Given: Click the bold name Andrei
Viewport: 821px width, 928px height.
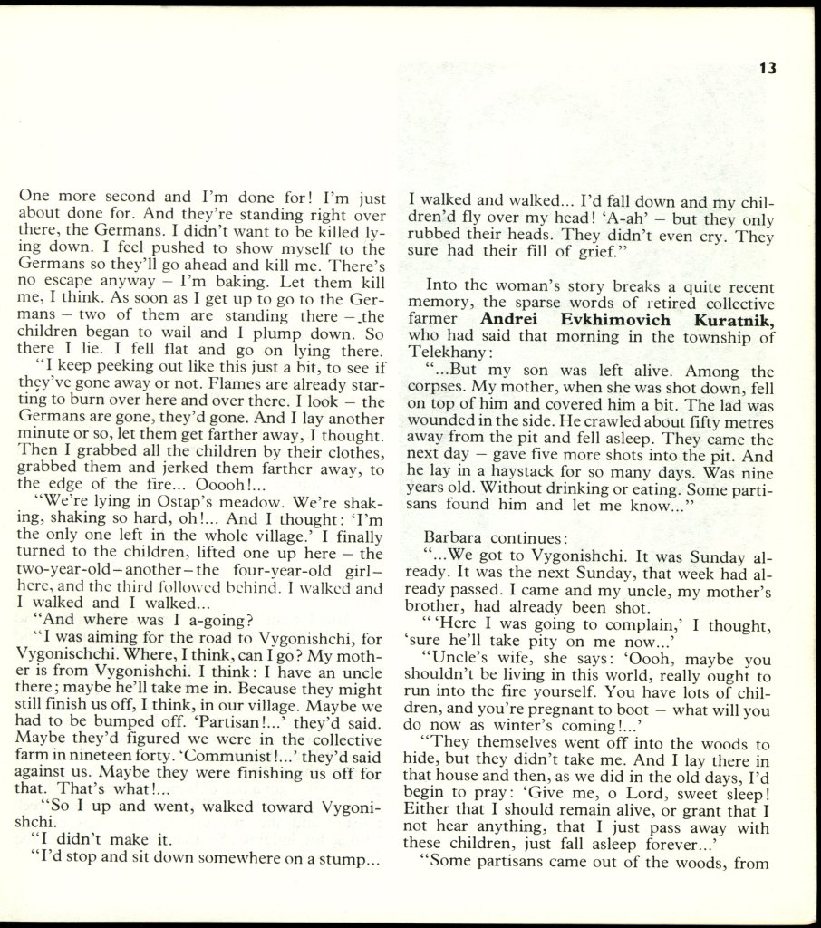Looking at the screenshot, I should click(x=511, y=319).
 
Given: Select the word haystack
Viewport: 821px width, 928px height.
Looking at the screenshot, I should click(x=523, y=474).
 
